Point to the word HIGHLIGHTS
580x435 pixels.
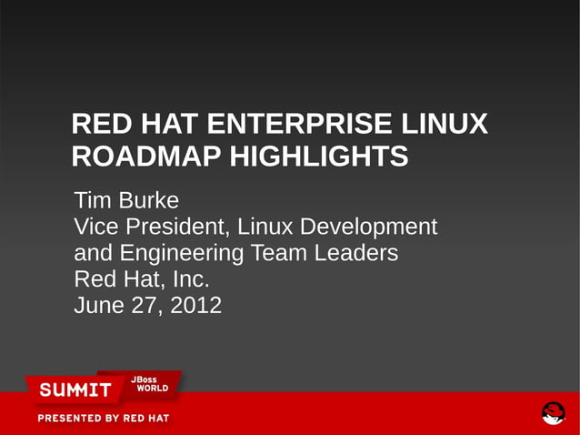pyautogui.click(x=318, y=157)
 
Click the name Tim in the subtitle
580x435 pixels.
pyautogui.click(x=91, y=200)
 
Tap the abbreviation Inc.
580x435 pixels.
pyautogui.click(x=190, y=278)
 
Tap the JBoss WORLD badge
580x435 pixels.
pyautogui.click(x=151, y=384)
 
